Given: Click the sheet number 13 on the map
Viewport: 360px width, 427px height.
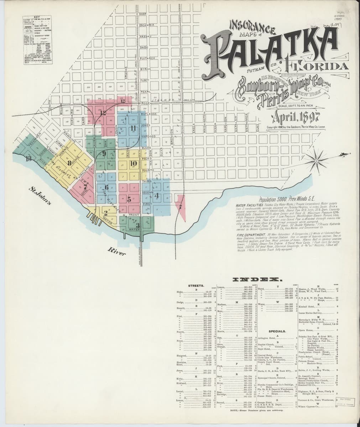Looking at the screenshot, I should (28, 159).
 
